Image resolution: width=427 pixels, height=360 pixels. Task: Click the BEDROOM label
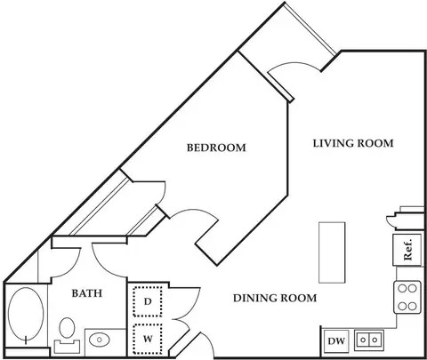point(216,148)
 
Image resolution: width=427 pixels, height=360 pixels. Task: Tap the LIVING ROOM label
point(353,143)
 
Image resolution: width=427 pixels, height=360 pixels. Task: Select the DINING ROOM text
point(275,298)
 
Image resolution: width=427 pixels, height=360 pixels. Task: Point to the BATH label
point(87,293)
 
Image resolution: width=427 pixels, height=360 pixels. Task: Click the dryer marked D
point(148,301)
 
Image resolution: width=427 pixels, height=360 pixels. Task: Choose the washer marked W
point(148,339)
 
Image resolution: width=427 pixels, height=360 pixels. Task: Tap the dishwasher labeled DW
point(336,341)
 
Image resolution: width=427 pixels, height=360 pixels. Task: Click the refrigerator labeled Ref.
point(407,250)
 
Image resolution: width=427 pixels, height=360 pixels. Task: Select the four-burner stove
point(407,297)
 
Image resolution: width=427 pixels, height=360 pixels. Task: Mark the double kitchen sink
point(369,340)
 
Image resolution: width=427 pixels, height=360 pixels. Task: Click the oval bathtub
point(26,314)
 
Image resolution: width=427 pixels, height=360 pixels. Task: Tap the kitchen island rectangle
point(332,252)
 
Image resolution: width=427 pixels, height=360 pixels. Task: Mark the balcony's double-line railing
point(310,29)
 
